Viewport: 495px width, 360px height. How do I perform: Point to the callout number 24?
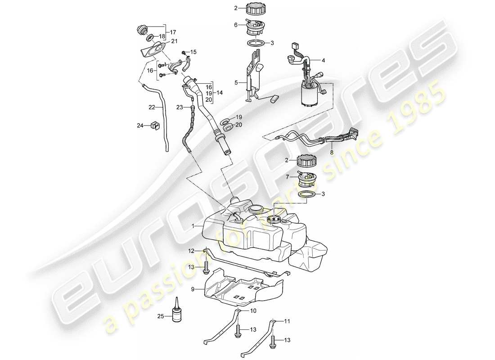140,126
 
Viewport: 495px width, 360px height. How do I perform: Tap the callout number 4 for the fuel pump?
323,59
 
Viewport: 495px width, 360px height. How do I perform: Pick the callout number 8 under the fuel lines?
333,153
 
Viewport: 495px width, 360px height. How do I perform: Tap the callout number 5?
236,83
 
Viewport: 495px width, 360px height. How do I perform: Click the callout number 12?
191,251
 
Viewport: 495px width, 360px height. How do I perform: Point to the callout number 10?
253,310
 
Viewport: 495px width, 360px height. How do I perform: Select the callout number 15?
194,52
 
